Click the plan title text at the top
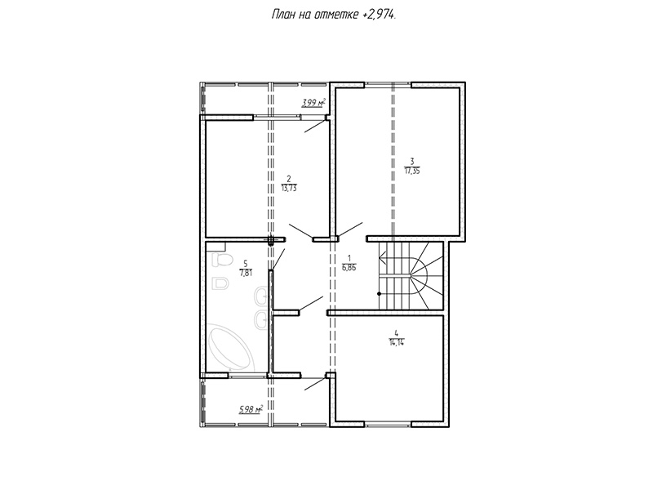coord(334,15)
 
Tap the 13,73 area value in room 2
coord(289,188)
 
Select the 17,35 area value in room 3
coord(412,170)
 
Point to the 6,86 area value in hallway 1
coord(349,268)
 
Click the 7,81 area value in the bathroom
coord(246,273)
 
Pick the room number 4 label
coord(397,333)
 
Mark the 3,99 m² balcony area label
coord(313,102)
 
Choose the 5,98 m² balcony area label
coord(251,410)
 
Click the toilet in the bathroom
coord(221,260)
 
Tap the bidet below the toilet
coord(220,283)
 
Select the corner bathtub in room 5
coord(229,348)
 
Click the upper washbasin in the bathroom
coord(261,296)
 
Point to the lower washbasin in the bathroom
coord(261,320)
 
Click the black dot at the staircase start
coord(379,294)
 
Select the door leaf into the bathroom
coord(278,260)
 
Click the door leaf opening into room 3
coord(350,230)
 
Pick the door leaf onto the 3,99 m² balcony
coord(315,127)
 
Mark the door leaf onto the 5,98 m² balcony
coord(315,384)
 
